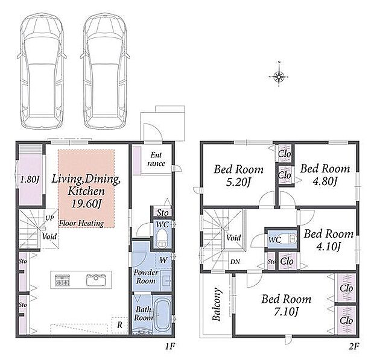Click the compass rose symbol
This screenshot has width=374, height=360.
[279, 76]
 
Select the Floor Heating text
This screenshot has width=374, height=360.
[81, 223]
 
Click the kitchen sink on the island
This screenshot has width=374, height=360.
[96, 279]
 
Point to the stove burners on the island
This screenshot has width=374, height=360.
[63, 280]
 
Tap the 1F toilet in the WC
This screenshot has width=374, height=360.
[162, 238]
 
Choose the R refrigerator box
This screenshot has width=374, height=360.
[119, 324]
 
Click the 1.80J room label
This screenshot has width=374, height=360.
[29, 179]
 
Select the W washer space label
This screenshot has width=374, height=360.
[163, 260]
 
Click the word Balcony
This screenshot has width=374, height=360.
[216, 304]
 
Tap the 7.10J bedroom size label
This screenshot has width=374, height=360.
[286, 312]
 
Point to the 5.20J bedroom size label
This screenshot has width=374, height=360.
[238, 182]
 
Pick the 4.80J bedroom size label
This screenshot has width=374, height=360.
[325, 182]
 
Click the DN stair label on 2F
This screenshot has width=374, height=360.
[235, 262]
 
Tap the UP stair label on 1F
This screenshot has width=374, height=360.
[49, 218]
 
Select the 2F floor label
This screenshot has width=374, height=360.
[354, 346]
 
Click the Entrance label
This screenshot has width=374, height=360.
[156, 159]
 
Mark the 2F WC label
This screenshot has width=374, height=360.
[274, 239]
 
